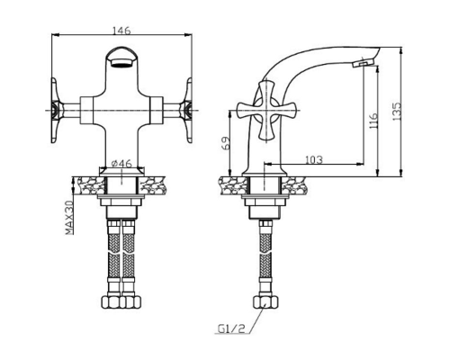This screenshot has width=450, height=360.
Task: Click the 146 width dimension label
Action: click(121, 31)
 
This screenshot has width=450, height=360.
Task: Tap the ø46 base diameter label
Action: click(121, 163)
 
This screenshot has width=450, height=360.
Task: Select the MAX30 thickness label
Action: click(69, 218)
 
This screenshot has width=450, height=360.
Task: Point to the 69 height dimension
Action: click(226, 143)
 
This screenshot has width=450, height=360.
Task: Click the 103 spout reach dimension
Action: click(314, 159)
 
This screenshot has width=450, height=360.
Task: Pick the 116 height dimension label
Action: click(373, 121)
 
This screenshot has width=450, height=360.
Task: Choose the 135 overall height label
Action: click(397, 112)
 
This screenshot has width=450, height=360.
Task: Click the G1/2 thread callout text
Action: click(230, 328)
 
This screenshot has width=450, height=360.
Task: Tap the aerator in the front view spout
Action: click(121, 63)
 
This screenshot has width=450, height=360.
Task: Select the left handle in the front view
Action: click(57, 111)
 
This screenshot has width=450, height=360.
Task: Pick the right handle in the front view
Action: click(185, 111)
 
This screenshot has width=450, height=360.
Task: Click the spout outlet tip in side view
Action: click(363, 63)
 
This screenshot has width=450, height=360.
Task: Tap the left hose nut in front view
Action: click(112, 301)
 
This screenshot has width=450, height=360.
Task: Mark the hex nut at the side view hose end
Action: click(265, 301)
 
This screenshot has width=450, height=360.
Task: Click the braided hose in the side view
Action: click(265, 258)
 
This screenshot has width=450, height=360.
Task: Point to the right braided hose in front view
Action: click(128, 258)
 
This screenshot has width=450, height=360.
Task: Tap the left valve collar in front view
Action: click(86, 111)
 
